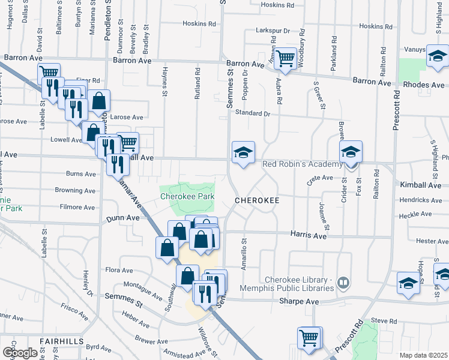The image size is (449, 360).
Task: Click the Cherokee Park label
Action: click(x=187, y=196)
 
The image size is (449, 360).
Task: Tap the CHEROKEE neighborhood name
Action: click(x=258, y=200)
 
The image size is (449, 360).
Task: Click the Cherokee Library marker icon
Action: click(x=343, y=281)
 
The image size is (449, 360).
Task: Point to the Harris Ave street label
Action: click(x=309, y=236)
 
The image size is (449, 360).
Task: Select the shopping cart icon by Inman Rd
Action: click(x=286, y=59)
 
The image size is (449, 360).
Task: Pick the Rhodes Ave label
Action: click(x=424, y=85)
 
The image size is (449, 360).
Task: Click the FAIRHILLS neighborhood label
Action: click(x=62, y=341)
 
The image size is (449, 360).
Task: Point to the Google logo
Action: click(x=20, y=352)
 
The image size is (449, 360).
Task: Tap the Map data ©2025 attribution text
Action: click(x=423, y=355)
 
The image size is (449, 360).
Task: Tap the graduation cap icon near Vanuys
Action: click(x=438, y=57)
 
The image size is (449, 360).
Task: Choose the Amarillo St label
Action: click(x=244, y=255)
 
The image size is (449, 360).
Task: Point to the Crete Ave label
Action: click(x=319, y=178)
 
